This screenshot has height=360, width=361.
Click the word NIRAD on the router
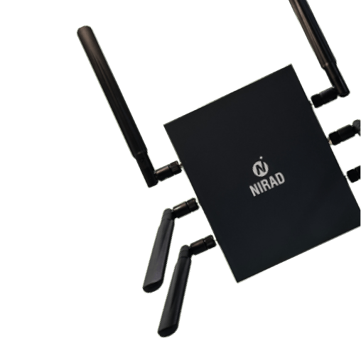(x=267, y=184)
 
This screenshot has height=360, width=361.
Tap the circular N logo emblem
(x=261, y=168)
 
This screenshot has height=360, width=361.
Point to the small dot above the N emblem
(x=261, y=158)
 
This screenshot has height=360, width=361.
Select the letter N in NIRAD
(x=254, y=190)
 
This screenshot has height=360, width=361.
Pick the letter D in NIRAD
(x=280, y=179)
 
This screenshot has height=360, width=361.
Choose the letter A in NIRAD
(x=273, y=182)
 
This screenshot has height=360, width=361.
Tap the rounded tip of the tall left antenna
(x=85, y=30)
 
